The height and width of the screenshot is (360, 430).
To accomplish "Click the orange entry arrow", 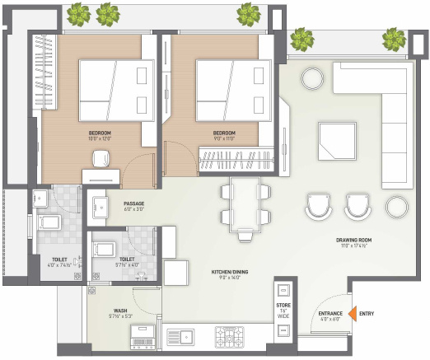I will point(351,314).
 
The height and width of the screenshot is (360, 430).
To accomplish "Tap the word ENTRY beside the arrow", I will point(367,314).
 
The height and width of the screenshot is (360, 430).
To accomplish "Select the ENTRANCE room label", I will point(331,314).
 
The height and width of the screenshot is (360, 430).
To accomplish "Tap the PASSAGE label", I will point(134,203).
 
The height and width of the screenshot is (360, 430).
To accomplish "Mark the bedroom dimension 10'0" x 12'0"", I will point(100,138).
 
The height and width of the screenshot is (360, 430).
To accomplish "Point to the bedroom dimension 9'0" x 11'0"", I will point(224,138).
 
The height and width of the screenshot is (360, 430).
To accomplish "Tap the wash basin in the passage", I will point(100,208).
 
